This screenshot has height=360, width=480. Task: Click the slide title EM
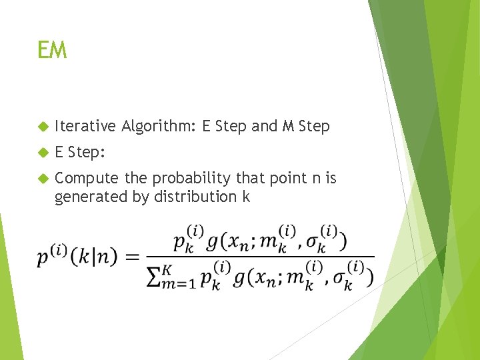pos(52,50)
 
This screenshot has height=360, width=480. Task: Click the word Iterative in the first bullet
pos(85,126)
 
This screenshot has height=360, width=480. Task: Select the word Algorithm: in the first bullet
pos(157,126)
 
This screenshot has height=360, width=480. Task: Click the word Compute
pos(85,179)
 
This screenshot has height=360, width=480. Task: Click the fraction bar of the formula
pos(260,257)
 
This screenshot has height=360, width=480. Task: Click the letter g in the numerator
pos(215,243)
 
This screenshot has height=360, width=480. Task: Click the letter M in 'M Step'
pos(289,126)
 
